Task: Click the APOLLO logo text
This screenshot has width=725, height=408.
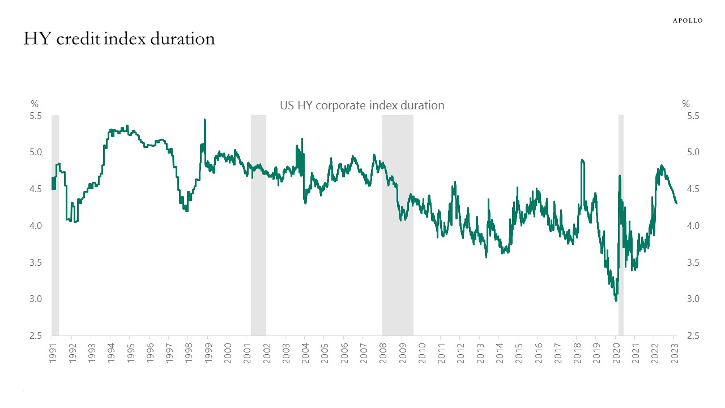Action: coord(688,20)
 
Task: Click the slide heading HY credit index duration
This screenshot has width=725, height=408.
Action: coord(119,39)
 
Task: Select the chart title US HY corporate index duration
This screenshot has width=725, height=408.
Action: coord(362,105)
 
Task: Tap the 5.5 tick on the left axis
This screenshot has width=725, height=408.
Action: coord(36,116)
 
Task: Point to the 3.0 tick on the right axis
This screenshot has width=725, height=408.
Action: coord(693,299)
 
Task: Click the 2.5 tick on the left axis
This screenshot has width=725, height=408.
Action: coord(36,336)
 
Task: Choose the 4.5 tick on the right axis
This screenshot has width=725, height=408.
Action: coord(693,189)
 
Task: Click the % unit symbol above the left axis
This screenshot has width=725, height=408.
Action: coord(35,104)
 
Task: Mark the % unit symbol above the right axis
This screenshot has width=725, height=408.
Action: coord(686,104)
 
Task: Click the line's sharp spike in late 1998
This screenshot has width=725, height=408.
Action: coord(204,120)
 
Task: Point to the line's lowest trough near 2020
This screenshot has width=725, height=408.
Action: coord(616,300)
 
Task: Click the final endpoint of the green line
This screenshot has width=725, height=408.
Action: coord(676,203)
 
